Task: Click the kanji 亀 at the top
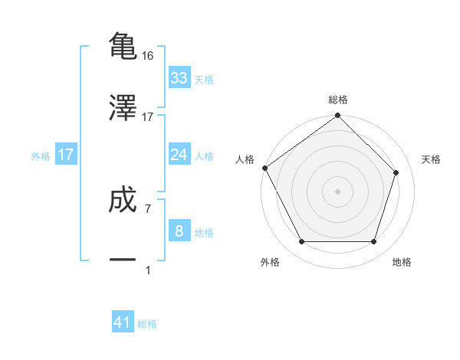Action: (x=123, y=46)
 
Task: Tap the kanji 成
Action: (x=123, y=201)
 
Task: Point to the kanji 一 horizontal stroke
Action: (x=123, y=260)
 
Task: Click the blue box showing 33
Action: (x=179, y=78)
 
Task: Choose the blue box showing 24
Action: (x=179, y=155)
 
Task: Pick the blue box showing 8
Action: (x=179, y=231)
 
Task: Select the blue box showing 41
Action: (x=123, y=322)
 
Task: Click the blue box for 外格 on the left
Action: (x=65, y=155)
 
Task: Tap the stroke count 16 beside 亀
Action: (x=149, y=56)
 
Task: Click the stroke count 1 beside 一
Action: (x=147, y=270)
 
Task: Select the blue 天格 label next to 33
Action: (x=204, y=80)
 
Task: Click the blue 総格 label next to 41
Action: (x=147, y=324)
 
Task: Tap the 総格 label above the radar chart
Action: (x=338, y=100)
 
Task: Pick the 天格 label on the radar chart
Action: (x=432, y=159)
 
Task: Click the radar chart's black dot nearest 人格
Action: (x=264, y=168)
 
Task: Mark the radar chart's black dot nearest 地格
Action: (x=373, y=242)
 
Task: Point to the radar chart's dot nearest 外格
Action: (x=302, y=242)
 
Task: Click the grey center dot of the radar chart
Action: (x=338, y=191)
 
